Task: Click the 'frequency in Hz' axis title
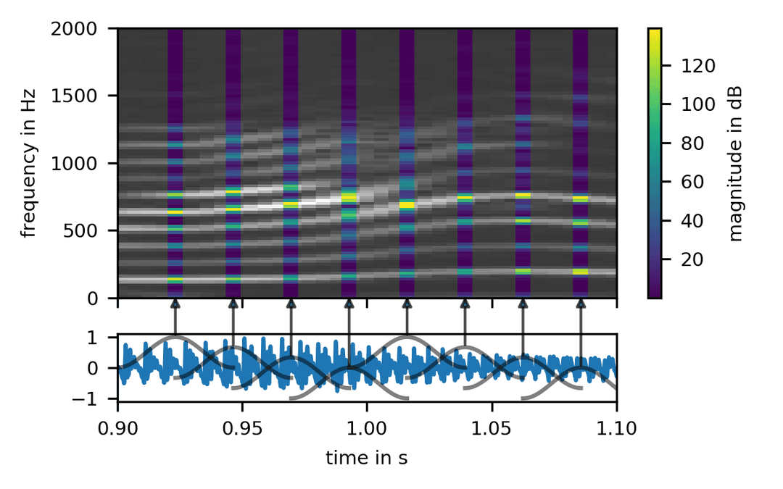(x=29, y=163)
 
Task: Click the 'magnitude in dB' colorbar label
(x=737, y=163)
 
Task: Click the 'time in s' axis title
(x=367, y=458)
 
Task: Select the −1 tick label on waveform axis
(x=100, y=399)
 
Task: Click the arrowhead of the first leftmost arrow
(x=175, y=303)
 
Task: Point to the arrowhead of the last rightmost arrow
(x=581, y=303)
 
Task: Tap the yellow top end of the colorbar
(x=655, y=32)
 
